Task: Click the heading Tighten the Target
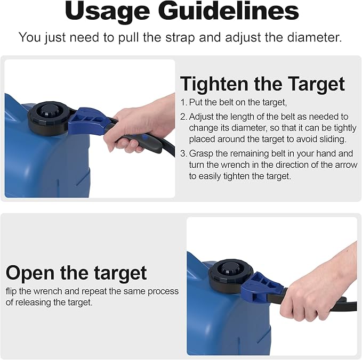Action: click(x=262, y=84)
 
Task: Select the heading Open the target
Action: click(x=76, y=273)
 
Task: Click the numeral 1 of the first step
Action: click(x=182, y=102)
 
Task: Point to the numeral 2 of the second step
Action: click(x=183, y=117)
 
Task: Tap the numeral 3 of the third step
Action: click(x=183, y=153)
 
